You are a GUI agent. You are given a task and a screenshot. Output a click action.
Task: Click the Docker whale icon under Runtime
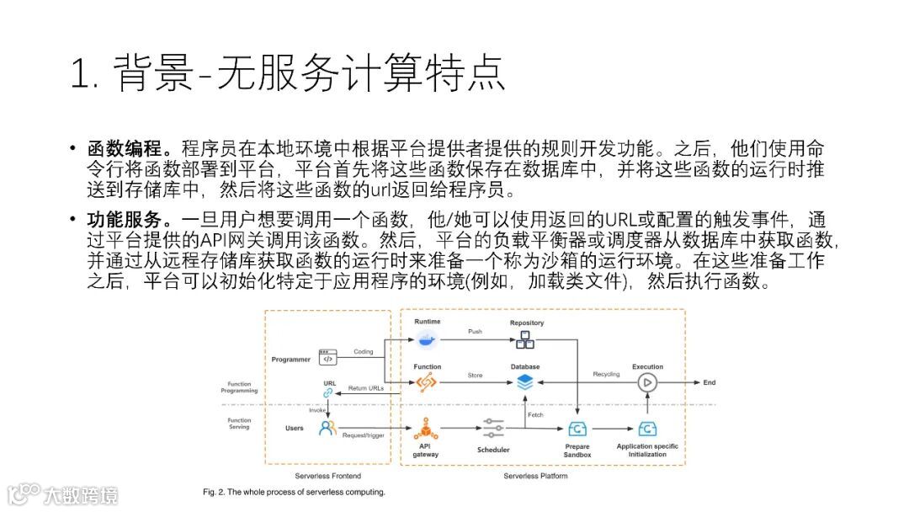(427, 339)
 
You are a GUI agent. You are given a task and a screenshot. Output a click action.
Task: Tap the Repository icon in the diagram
(526, 339)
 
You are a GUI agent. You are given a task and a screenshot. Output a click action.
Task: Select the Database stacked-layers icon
(525, 382)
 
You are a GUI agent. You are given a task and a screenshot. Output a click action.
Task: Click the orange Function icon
(427, 382)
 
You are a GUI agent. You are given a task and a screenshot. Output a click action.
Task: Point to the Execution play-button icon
(647, 382)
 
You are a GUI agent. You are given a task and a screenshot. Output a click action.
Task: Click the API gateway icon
(425, 428)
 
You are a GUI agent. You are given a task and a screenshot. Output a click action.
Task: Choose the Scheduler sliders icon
(493, 428)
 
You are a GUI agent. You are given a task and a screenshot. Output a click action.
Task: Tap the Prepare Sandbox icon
(577, 429)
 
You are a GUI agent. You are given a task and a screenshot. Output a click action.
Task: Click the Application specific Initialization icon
(647, 429)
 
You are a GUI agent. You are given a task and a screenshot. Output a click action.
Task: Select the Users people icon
(327, 428)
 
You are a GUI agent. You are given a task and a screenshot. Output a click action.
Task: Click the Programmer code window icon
(327, 358)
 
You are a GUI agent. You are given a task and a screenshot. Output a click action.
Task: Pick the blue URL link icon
(329, 392)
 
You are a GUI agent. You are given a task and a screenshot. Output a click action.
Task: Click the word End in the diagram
(710, 382)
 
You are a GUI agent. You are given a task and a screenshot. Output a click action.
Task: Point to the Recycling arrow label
(606, 374)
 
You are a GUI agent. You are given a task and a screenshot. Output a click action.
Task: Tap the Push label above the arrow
(476, 331)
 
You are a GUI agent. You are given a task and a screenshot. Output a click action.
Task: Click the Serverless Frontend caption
(328, 476)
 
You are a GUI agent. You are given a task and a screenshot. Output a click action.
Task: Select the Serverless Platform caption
(535, 476)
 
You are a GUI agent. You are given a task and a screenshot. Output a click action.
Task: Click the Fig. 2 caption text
(294, 492)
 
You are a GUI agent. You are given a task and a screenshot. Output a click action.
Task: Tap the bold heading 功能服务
(124, 221)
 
